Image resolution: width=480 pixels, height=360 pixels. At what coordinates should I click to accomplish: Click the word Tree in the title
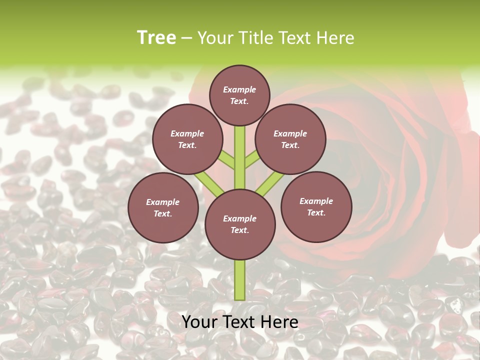[156, 38]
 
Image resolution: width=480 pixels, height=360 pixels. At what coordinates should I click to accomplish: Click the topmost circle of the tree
[239, 95]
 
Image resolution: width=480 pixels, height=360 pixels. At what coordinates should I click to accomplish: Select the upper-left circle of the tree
[187, 139]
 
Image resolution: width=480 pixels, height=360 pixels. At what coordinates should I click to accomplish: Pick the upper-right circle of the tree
[290, 139]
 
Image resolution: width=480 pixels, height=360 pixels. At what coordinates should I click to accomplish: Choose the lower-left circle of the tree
[163, 207]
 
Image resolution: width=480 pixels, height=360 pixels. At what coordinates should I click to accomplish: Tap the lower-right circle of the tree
[316, 206]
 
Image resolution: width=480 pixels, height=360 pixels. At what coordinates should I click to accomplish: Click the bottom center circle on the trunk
[240, 224]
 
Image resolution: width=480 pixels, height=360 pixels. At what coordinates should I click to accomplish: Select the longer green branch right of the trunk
[270, 182]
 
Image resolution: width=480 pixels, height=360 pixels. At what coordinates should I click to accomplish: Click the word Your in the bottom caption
[199, 322]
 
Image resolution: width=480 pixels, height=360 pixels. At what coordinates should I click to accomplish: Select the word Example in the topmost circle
[239, 89]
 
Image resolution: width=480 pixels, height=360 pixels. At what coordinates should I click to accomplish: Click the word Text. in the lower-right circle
[316, 212]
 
